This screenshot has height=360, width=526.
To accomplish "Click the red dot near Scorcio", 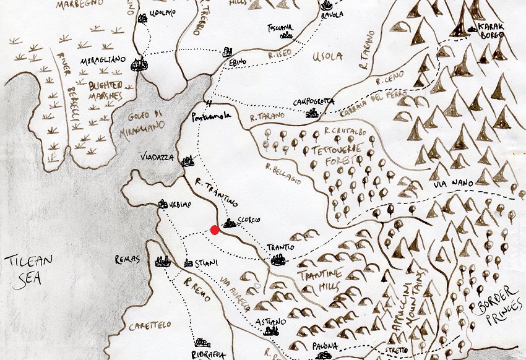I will pyautogui.click(x=215, y=230).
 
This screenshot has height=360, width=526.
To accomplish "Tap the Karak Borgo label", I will pyautogui.click(x=487, y=32).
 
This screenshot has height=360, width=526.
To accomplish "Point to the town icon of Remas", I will pyautogui.click(x=163, y=262).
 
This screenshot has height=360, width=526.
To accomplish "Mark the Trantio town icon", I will pyautogui.click(x=279, y=259).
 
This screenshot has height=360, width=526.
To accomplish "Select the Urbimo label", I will pyautogui.click(x=182, y=205).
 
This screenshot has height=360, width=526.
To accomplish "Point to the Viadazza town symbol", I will pyautogui.click(x=188, y=162).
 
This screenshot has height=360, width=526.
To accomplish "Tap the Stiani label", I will pyautogui.click(x=207, y=263).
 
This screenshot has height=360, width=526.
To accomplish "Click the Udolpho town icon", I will pyautogui.click(x=144, y=19).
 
